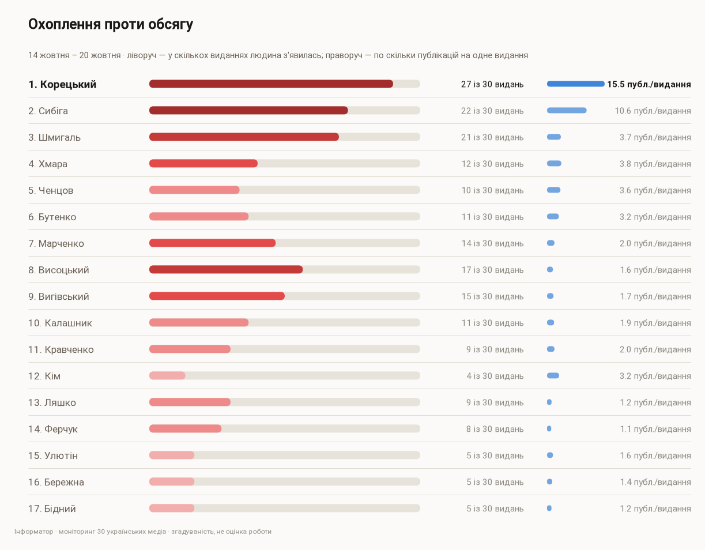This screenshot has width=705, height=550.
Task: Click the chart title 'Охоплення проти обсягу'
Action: coord(111,24)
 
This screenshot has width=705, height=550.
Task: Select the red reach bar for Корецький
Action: coord(271,84)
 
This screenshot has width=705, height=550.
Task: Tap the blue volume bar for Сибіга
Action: coord(567,110)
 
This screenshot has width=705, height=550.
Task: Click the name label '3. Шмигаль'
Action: coord(55,137)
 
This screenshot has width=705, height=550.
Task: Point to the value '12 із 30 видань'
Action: coord(492,164)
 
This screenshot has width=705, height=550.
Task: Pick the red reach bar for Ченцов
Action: coord(194,190)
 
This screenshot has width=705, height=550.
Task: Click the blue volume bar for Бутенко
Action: coord(553,216)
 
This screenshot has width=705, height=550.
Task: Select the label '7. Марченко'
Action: coord(56,243)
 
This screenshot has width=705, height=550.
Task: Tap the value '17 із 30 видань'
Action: coord(492,270)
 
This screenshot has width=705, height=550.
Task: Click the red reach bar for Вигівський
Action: coord(217,296)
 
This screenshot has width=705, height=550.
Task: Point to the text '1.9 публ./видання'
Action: coord(655,323)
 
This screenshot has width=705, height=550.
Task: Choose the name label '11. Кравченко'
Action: coord(61,349)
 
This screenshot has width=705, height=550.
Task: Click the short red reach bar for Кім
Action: coord(167,375)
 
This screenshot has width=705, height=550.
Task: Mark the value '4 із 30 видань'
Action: coord(495,376)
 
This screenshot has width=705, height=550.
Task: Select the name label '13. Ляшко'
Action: coord(52,402)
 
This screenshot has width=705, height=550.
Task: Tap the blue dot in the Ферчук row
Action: coord(549,429)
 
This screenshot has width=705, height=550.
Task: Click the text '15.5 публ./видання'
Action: coord(649,84)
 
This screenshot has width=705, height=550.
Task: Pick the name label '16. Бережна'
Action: coord(56,482)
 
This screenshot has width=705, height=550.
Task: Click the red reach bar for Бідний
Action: coord(172,508)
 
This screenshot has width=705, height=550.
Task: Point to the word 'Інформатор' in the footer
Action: coord(34,532)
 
